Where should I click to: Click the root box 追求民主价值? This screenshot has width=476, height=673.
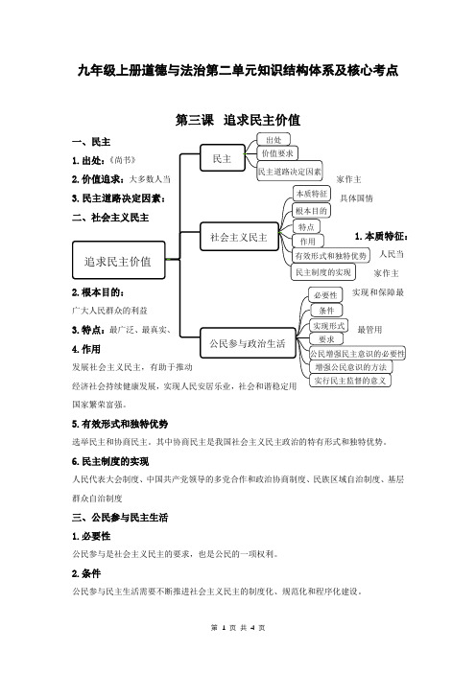pos(119,260)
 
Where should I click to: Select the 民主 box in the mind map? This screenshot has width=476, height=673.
pos(223,158)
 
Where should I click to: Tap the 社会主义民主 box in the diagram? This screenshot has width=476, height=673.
pos(239,237)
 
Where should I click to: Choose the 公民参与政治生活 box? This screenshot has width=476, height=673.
pos(248,343)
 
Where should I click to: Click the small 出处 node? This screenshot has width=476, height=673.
pos(274,140)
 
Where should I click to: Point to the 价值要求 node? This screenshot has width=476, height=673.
pos(277,153)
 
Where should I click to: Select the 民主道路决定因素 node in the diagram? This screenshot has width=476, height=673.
pos(290,172)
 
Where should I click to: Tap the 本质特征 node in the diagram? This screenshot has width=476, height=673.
pos(312,194)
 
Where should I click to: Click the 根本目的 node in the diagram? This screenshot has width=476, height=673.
pos(311,211)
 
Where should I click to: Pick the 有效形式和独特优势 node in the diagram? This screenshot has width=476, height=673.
pos(330,256)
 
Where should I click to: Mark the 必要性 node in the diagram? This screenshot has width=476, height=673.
pos(325,295)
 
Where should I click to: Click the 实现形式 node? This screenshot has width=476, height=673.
pos(328,326)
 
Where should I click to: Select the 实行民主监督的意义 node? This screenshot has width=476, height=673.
pos(350,381)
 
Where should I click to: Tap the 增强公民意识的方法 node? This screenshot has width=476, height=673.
pos(351,367)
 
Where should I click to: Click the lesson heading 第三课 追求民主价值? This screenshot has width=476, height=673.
pos(238,120)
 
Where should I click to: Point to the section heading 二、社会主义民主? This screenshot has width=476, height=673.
pos(110,218)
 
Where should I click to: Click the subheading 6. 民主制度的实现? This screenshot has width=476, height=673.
pos(110,461)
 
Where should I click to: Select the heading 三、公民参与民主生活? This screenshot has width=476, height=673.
pos(120,517)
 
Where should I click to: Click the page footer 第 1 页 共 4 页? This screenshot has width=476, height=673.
pos(238,628)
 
